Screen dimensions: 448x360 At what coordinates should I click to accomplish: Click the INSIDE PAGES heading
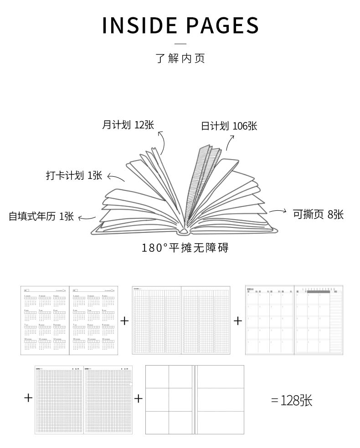point(180,25)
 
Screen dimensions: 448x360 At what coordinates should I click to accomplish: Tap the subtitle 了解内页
point(180,59)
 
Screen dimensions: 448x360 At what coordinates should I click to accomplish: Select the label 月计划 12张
point(128,125)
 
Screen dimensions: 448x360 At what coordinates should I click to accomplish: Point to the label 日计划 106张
point(229,126)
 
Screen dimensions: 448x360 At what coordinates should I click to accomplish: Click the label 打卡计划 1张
point(74,175)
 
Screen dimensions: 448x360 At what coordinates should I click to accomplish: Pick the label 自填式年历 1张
point(41,216)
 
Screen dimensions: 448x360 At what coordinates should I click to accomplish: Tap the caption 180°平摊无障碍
point(185,248)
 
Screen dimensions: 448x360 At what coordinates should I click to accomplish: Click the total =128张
point(292,400)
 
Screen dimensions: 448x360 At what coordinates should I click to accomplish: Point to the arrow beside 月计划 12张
point(162,142)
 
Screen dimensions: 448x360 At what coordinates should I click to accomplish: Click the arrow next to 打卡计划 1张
point(115,178)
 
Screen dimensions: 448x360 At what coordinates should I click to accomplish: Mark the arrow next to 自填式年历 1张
point(87,219)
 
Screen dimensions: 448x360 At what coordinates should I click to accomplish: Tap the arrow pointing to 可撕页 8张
point(277,211)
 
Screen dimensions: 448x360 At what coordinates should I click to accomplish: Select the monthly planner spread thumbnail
point(294,320)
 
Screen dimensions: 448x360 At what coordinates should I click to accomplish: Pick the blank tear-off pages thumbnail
point(195,399)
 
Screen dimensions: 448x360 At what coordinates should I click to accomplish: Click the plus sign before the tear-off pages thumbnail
point(139,399)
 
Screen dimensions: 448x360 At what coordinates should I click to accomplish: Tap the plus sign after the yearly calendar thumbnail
point(124,321)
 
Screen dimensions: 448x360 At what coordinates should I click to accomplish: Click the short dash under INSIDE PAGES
point(180,44)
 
